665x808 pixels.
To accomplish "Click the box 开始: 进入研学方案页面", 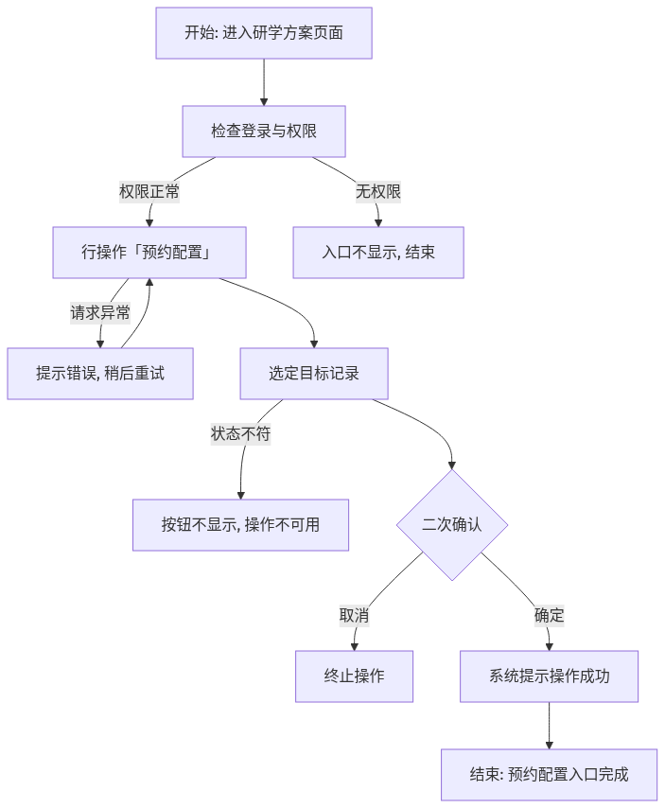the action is click(x=264, y=33).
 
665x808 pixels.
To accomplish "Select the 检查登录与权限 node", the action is click(x=264, y=132).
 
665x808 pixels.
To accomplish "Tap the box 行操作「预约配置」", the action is click(x=149, y=253).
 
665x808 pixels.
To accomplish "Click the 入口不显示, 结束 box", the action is click(x=378, y=253).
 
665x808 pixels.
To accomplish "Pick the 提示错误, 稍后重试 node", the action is click(x=100, y=374).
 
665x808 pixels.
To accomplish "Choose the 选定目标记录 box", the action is click(x=314, y=374).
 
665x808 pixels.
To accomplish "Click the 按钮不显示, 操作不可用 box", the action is click(x=240, y=524).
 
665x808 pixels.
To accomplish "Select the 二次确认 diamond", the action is click(x=452, y=525).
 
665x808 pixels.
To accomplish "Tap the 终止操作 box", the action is click(x=355, y=676).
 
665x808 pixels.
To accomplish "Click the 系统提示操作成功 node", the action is click(x=549, y=676).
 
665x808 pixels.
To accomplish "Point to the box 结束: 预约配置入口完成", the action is click(x=549, y=775).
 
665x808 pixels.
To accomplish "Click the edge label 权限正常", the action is click(x=149, y=192).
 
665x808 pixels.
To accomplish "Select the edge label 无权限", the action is click(x=378, y=192).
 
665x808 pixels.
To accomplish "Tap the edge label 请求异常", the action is click(x=100, y=313).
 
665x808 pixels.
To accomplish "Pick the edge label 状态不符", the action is click(x=240, y=434).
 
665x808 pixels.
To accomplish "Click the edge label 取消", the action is click(x=355, y=615).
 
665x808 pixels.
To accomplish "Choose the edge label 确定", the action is click(x=549, y=615).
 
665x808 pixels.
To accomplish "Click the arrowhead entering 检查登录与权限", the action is click(x=264, y=102).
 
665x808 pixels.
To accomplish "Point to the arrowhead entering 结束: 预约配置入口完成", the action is click(x=549, y=746).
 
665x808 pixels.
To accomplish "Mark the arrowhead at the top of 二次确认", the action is click(x=452, y=465).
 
